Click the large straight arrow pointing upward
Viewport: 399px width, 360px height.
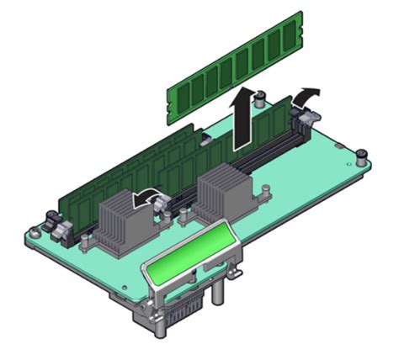pos(242,118)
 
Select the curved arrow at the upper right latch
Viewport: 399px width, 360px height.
pos(308,94)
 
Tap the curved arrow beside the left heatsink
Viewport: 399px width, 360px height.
pos(151,198)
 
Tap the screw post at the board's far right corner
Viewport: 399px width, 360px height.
pos(361,157)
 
